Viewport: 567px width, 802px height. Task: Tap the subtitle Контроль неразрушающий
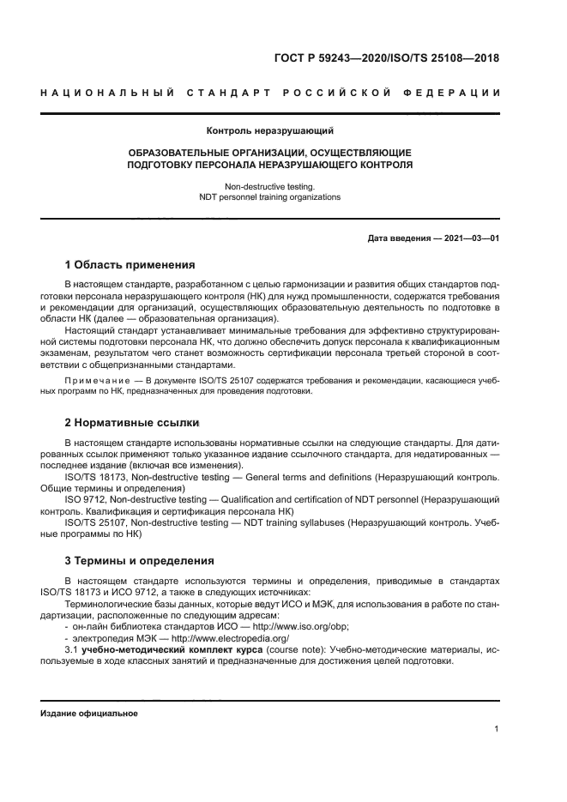point(269,131)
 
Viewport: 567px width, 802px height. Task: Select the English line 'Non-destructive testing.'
point(269,185)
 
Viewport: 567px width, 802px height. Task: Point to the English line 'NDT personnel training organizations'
point(269,196)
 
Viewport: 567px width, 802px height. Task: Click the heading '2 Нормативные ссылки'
point(132,423)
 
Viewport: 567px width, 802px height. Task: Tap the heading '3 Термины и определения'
point(139,561)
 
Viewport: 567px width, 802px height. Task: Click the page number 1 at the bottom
point(497,729)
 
